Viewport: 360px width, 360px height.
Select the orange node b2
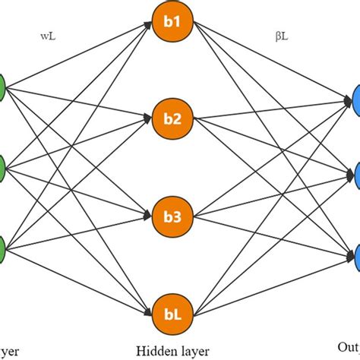[171, 119]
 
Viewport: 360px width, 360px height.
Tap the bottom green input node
[2, 247]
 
